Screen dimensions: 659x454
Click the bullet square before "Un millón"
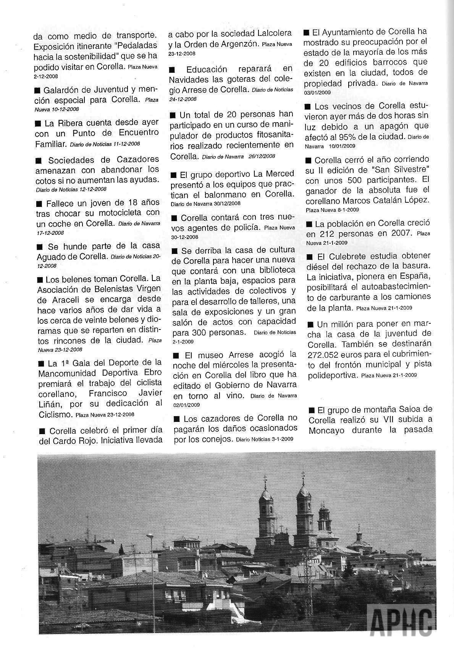(x=310, y=325)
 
